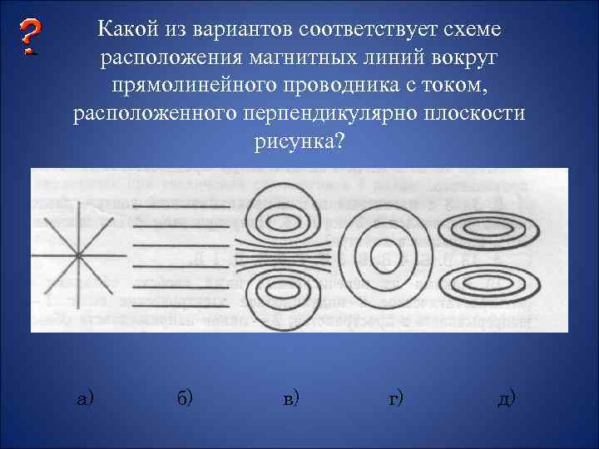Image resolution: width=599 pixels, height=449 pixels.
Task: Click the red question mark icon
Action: pyautogui.click(x=31, y=37)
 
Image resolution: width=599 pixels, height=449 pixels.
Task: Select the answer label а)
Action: pyautogui.click(x=85, y=398)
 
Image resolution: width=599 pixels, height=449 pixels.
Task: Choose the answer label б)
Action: pyautogui.click(x=185, y=398)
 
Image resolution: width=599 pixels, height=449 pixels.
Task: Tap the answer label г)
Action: pyautogui.click(x=396, y=398)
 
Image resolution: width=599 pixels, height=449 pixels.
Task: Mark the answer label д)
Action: pyautogui.click(x=506, y=398)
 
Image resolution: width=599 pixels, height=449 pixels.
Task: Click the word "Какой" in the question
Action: pyautogui.click(x=122, y=31)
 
